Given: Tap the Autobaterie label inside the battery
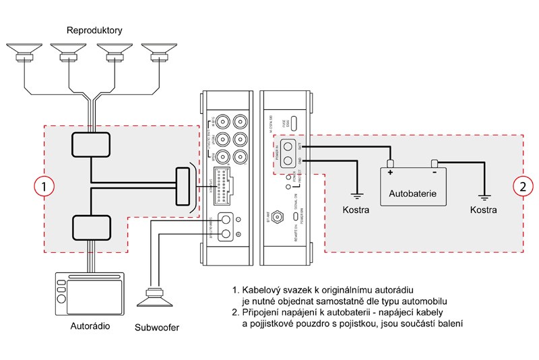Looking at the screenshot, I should point(413,193).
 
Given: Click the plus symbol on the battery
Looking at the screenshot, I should point(390,173).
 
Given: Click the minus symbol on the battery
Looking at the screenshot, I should point(435,173).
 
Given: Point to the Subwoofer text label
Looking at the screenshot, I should point(158,329).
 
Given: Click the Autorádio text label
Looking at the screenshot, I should point(90,326).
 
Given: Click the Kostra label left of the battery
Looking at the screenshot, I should point(356,210).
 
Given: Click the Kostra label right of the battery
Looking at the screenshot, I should point(484,210).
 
